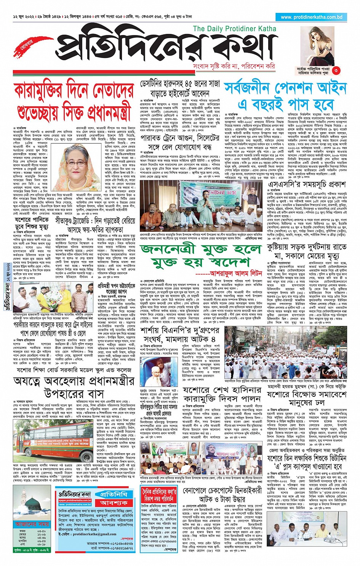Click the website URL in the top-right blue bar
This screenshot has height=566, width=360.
tap(312, 17)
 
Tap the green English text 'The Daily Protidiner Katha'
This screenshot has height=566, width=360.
tap(234, 29)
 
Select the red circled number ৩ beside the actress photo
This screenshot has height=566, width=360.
tap(336, 70)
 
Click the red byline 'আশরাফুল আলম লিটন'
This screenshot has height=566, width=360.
tap(235, 274)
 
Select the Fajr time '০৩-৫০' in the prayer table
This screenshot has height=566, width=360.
tap(42, 531)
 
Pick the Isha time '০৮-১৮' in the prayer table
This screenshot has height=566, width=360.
tap(42, 544)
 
